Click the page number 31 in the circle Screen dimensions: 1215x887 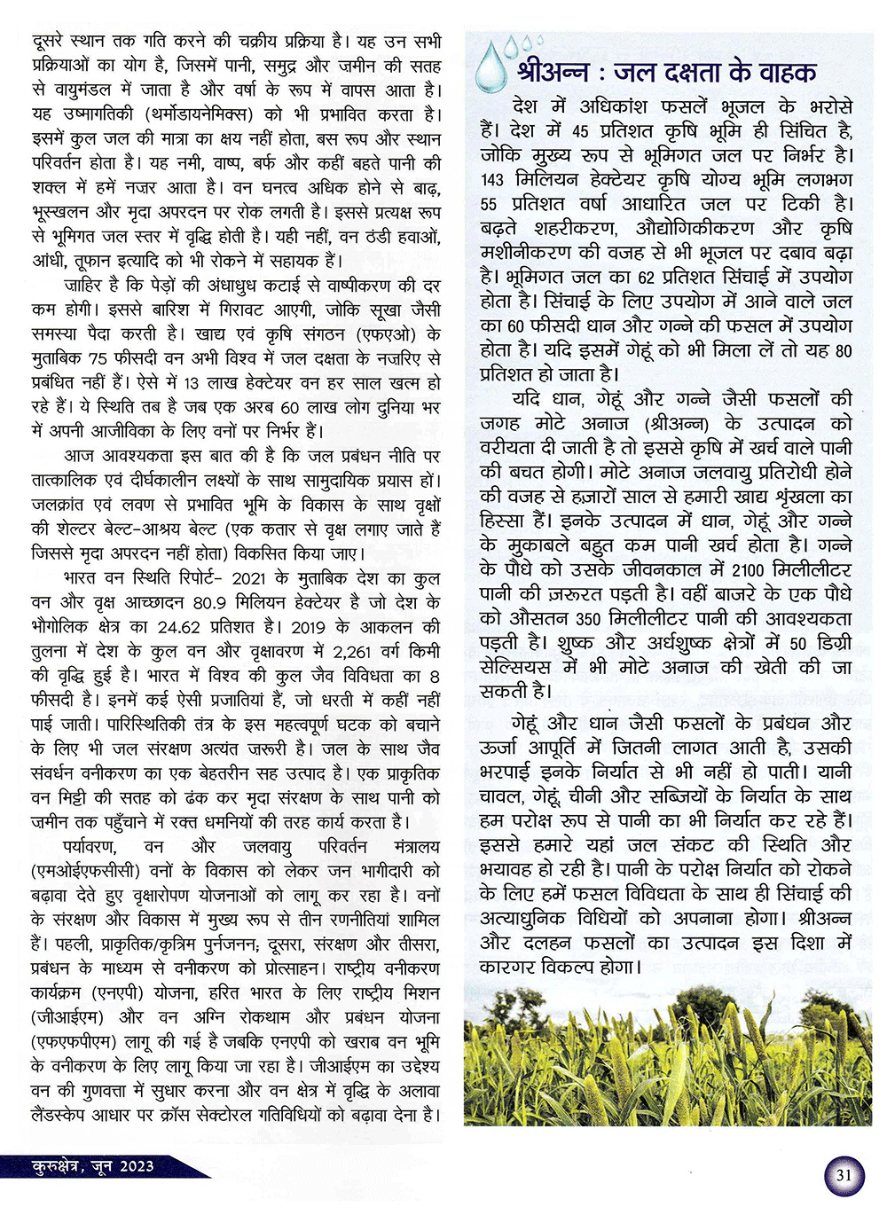[844, 1176]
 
